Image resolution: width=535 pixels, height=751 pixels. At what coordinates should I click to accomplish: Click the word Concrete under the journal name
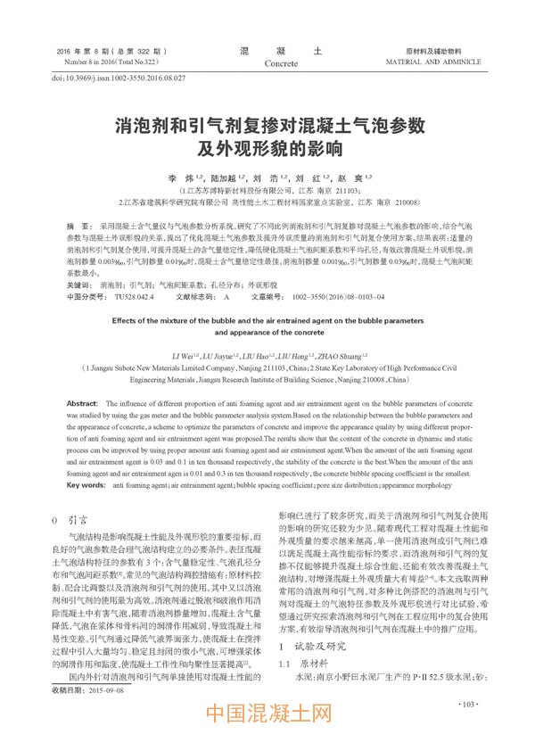(x=281, y=63)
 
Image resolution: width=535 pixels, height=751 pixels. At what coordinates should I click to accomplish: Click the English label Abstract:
(x=83, y=404)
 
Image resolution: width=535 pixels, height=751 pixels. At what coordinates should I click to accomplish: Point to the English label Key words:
(x=86, y=485)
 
